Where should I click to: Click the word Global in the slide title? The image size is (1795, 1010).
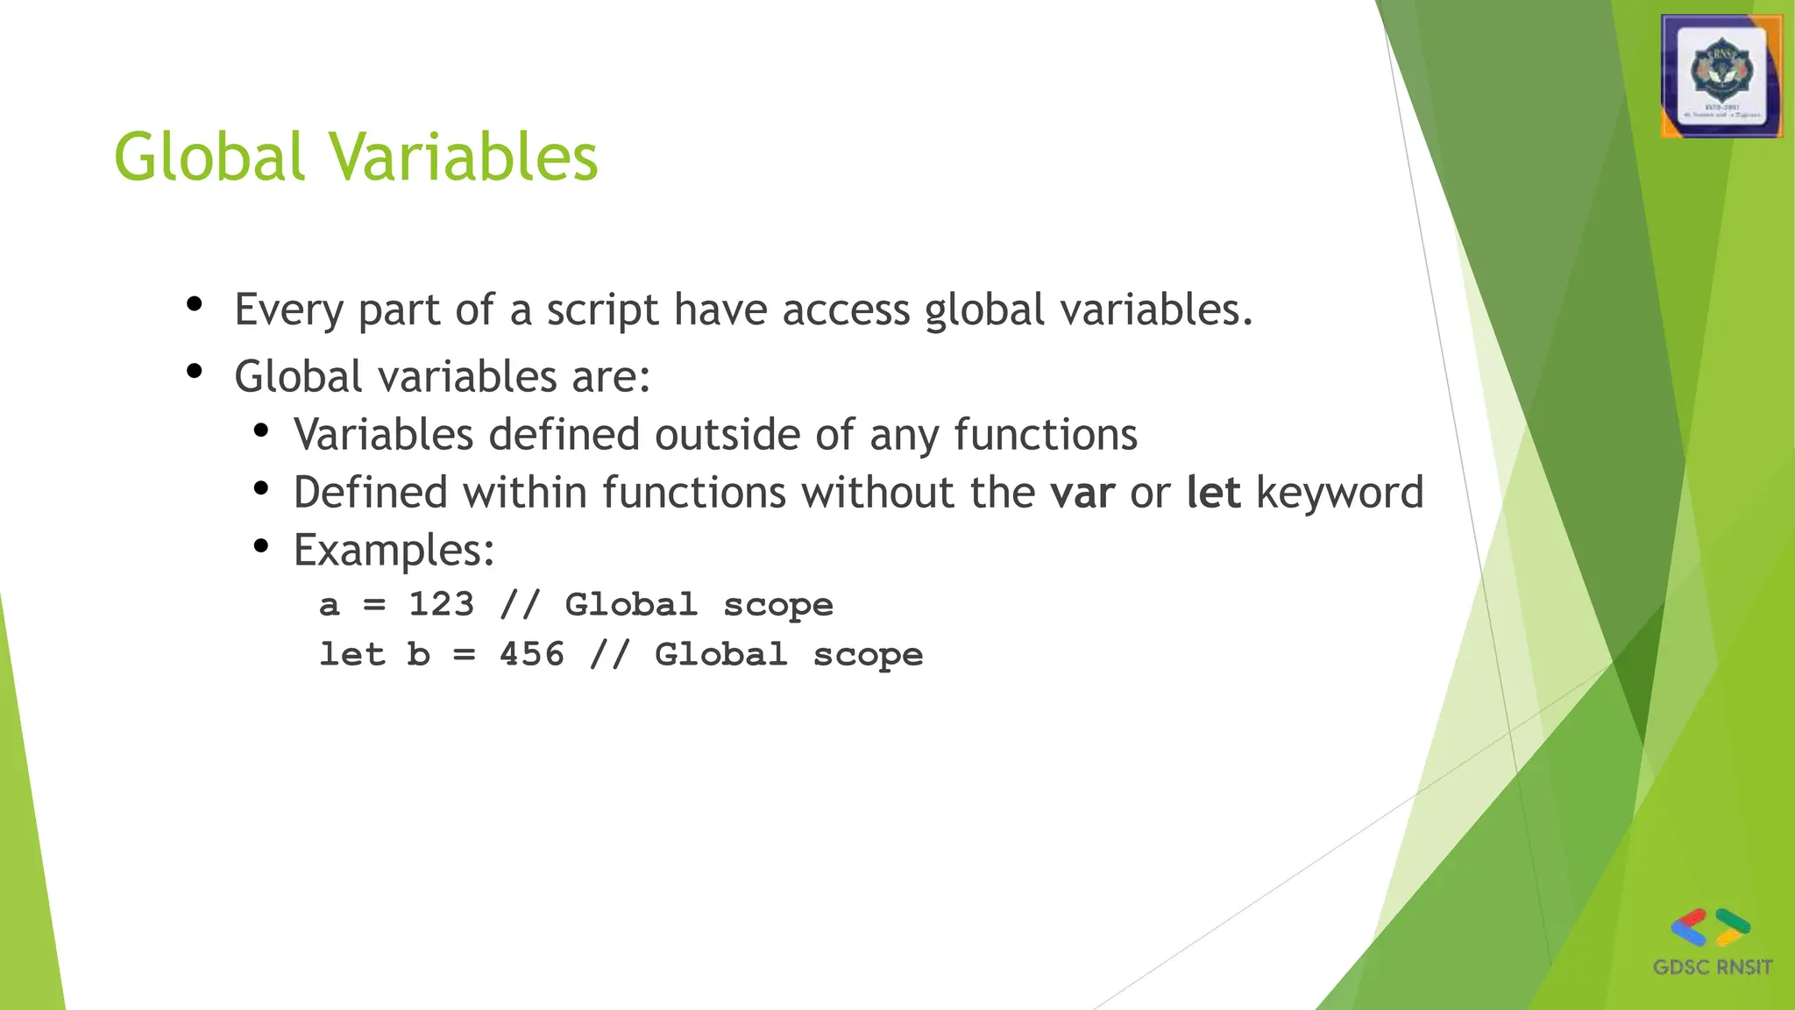click(209, 158)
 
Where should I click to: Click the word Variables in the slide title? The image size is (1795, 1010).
click(464, 158)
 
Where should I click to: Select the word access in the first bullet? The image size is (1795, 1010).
click(846, 310)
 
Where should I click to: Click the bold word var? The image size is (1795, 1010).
click(1082, 493)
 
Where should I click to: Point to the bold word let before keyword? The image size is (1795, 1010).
click(1213, 493)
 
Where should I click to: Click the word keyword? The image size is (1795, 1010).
click(1339, 493)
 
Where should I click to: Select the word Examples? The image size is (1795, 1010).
click(394, 551)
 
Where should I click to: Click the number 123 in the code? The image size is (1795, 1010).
click(441, 605)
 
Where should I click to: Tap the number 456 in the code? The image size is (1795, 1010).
click(532, 655)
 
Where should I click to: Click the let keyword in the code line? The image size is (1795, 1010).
click(351, 655)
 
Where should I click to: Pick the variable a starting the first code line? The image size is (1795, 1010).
click(329, 606)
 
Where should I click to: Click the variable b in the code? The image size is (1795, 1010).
click(419, 655)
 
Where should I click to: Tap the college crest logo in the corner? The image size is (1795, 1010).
click(1721, 77)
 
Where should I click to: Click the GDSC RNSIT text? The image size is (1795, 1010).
click(1712, 968)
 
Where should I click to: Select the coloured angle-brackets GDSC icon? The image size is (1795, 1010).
click(1710, 928)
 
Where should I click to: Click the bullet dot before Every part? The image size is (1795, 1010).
click(195, 304)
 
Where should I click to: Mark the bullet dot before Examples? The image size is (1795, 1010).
click(260, 546)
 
